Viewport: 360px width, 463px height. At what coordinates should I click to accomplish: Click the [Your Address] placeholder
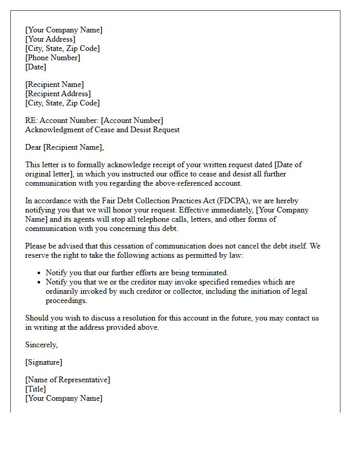[50, 39]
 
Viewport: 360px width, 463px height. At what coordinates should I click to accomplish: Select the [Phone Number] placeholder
[52, 58]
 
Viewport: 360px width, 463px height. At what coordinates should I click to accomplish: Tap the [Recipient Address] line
[58, 94]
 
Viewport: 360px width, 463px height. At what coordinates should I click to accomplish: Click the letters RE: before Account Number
[31, 120]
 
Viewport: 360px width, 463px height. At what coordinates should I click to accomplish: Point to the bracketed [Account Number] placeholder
[133, 120]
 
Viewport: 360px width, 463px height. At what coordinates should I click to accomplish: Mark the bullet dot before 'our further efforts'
[40, 273]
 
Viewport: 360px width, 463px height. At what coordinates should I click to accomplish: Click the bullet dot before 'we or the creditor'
[40, 282]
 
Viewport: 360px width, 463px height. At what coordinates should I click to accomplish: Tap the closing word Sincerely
[41, 345]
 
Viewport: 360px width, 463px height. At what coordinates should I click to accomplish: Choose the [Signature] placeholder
[44, 362]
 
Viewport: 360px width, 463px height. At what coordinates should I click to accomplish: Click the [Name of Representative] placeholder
[67, 380]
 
